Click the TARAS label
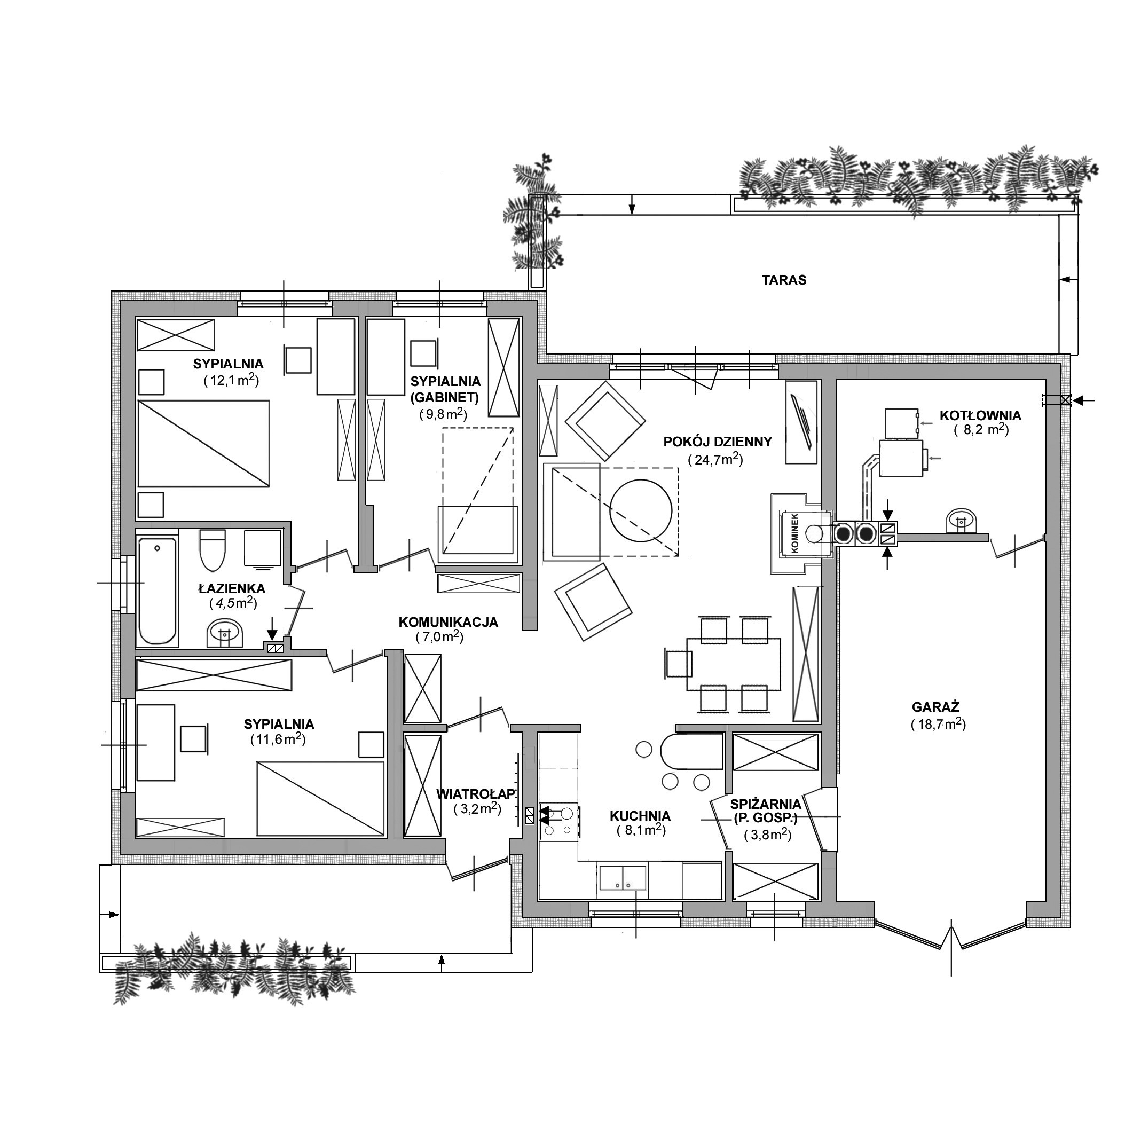click(x=784, y=280)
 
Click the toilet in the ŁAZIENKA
click(x=213, y=550)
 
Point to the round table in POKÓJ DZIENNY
click(x=641, y=511)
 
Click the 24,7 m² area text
click(x=715, y=459)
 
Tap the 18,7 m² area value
click(x=938, y=723)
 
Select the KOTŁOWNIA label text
click(x=980, y=416)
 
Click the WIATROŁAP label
click(x=476, y=794)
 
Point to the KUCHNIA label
click(x=640, y=816)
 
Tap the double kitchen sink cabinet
click(x=622, y=880)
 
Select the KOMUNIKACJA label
click(x=448, y=622)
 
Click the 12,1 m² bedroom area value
click(x=231, y=380)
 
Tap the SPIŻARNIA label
click(x=766, y=804)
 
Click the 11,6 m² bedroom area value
click(x=278, y=739)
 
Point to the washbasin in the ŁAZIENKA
click(x=225, y=633)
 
